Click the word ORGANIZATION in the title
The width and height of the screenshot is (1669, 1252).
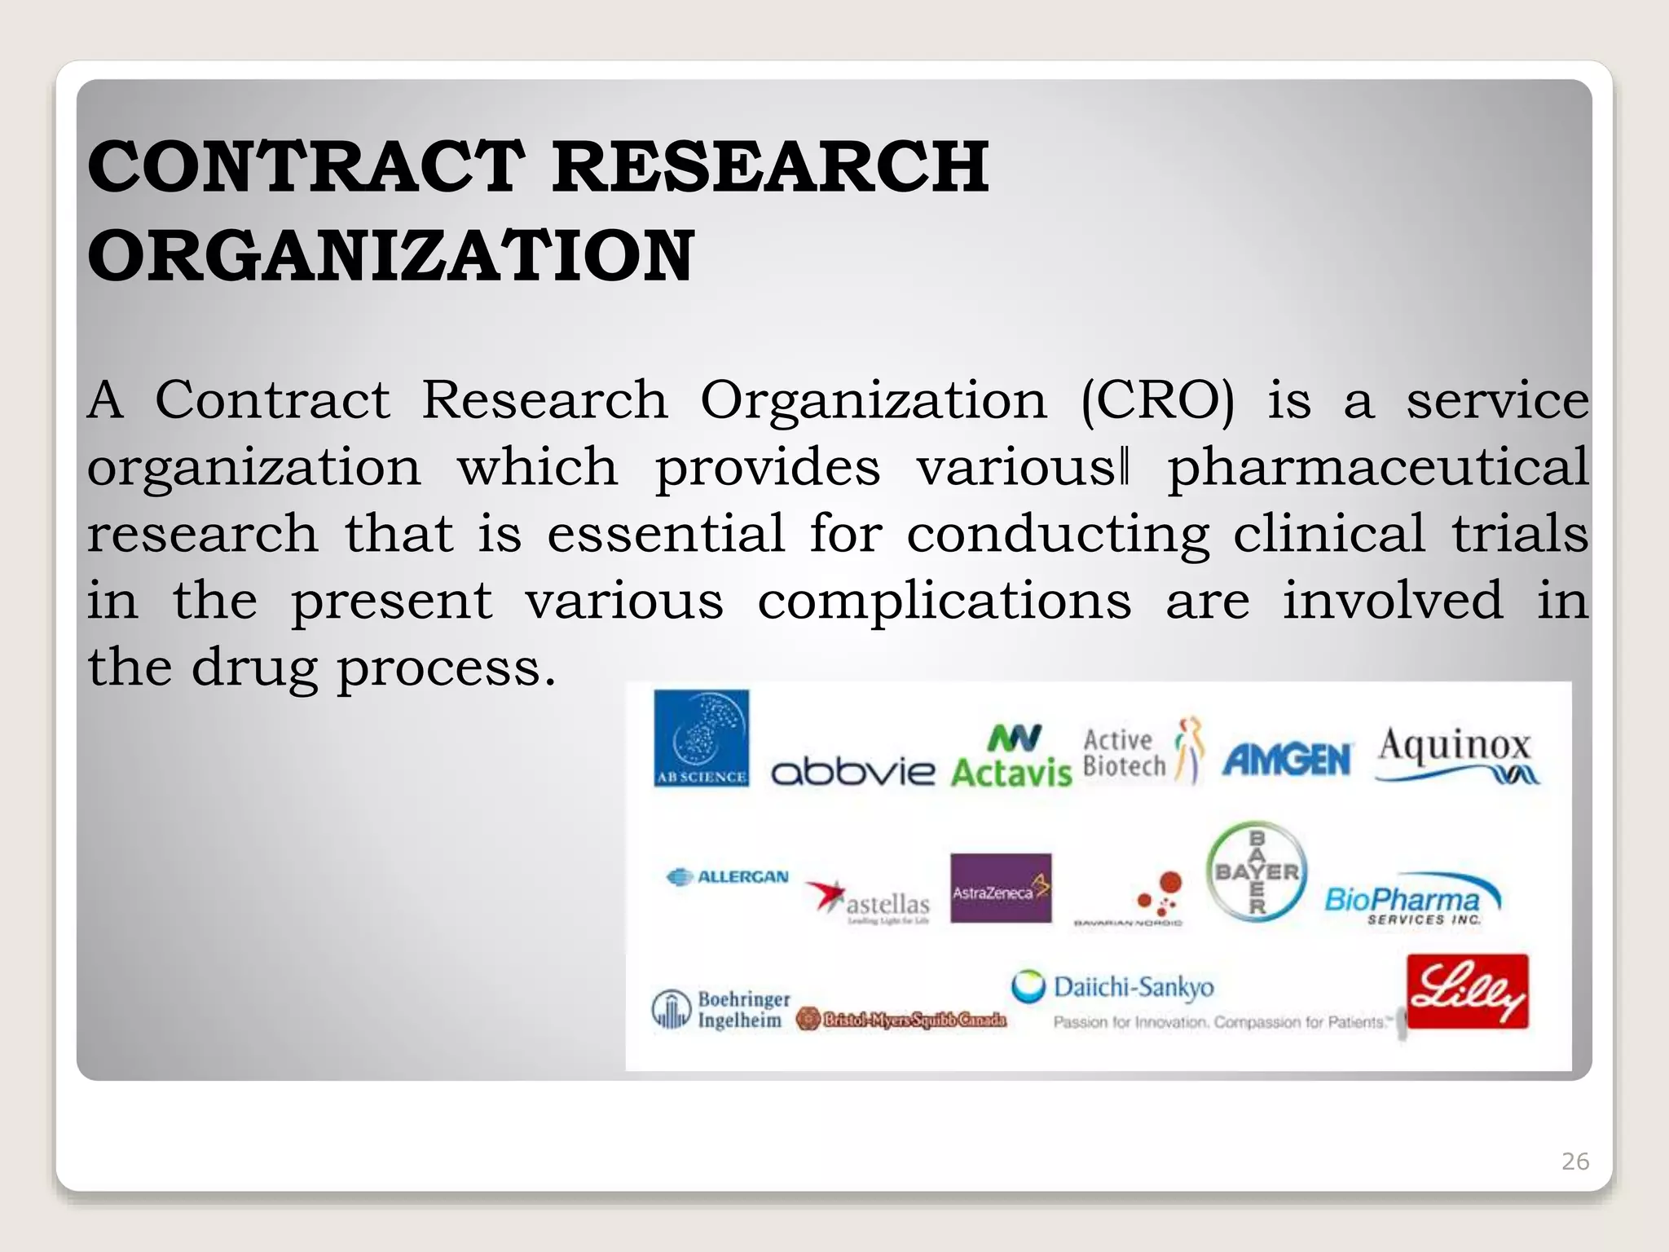[x=390, y=256]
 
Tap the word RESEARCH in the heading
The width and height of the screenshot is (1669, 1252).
[x=770, y=167]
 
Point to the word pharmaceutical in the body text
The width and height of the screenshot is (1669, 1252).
[x=1378, y=468]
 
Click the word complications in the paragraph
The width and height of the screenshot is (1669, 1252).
[x=945, y=602]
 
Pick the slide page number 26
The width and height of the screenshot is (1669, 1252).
[x=1574, y=1161]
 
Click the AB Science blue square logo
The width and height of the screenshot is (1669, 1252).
[x=702, y=738]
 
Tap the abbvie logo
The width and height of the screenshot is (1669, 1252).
[x=852, y=770]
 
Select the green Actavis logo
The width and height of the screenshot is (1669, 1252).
[x=1011, y=756]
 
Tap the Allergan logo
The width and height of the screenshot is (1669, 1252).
[x=728, y=877]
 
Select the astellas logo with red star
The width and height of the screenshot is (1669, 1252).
[x=869, y=902]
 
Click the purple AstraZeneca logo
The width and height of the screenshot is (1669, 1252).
[x=1001, y=888]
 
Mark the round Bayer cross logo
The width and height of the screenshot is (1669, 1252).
[x=1257, y=872]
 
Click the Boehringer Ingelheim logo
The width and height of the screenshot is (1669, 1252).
[x=721, y=1010]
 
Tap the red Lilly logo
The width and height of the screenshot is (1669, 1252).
[x=1468, y=991]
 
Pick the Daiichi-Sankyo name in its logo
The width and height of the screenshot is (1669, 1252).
[x=1133, y=987]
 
